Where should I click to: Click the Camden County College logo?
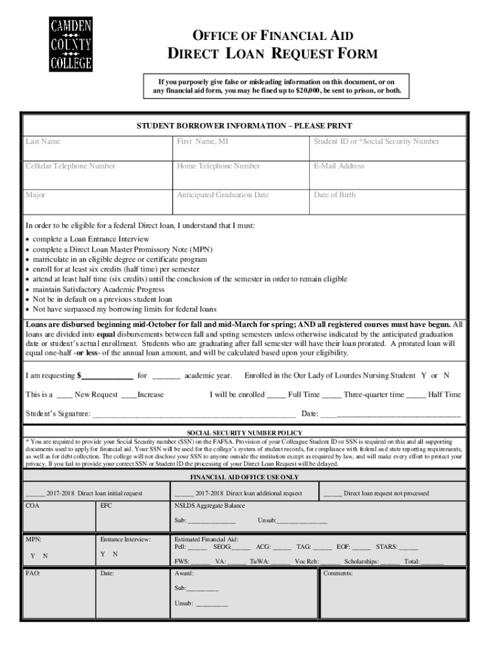coord(71,42)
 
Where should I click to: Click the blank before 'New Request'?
coord(63,395)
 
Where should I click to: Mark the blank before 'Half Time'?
coord(415,395)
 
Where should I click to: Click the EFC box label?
coord(106,506)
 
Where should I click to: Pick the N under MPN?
coord(44,556)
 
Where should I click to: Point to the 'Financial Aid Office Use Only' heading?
coord(244,477)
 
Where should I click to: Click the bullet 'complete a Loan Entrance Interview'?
coord(91,239)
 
